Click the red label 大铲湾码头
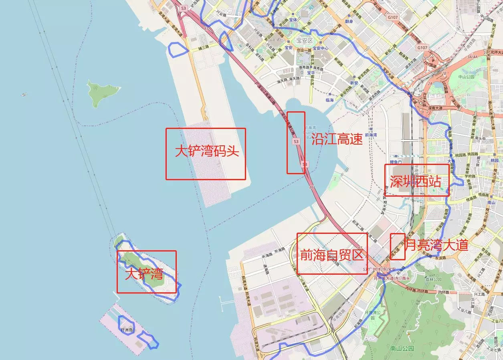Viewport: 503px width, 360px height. [x=207, y=151]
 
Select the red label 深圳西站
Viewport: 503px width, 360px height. [x=416, y=182]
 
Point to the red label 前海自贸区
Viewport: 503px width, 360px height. [x=332, y=255]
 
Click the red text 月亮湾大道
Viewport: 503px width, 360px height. [x=437, y=245]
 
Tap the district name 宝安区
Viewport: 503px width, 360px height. [x=304, y=40]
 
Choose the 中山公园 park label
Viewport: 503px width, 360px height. [x=467, y=76]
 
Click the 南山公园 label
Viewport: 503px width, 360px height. [x=402, y=348]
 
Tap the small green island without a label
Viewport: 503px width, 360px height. [x=103, y=91]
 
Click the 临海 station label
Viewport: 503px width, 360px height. [x=329, y=100]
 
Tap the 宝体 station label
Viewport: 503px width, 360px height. [x=293, y=20]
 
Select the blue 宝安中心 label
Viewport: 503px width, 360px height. [x=321, y=48]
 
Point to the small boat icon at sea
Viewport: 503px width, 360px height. [x=24, y=95]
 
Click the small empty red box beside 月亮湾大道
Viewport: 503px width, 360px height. [x=398, y=246]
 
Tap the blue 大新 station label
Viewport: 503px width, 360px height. [x=452, y=161]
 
